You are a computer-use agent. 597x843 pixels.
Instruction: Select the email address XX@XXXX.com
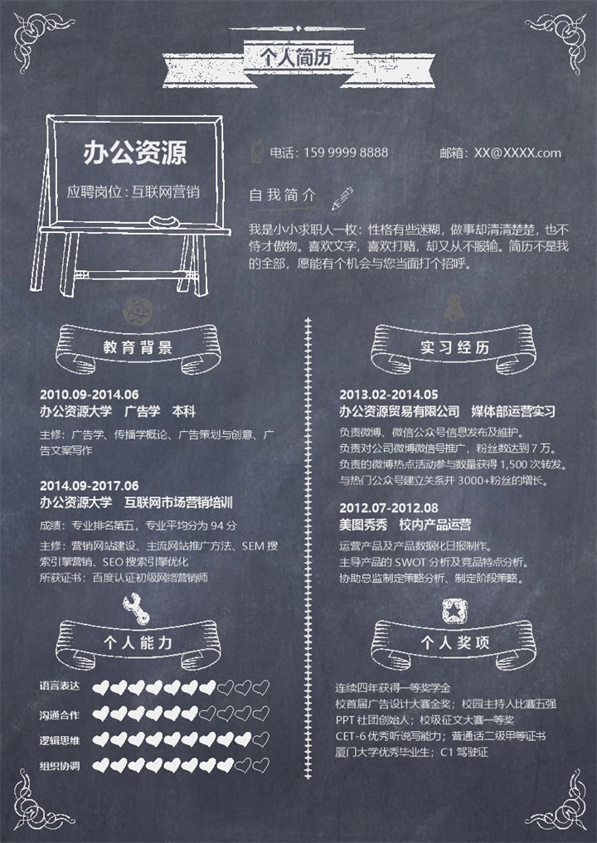[x=517, y=153]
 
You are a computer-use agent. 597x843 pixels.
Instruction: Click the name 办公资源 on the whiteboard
[x=134, y=153]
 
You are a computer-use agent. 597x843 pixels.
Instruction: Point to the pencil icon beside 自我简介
[x=341, y=197]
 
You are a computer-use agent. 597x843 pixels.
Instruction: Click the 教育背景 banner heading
[x=138, y=347]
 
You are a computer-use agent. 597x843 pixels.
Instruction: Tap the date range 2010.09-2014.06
[x=89, y=394]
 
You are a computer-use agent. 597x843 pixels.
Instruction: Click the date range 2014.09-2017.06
[x=89, y=485]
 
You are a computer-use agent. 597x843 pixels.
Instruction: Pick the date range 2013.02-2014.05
[x=388, y=394]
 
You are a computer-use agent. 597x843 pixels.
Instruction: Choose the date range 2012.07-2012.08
[x=388, y=507]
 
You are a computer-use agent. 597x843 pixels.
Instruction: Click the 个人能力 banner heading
[x=138, y=642]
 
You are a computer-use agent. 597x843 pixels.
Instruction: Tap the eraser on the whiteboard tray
[x=163, y=220]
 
